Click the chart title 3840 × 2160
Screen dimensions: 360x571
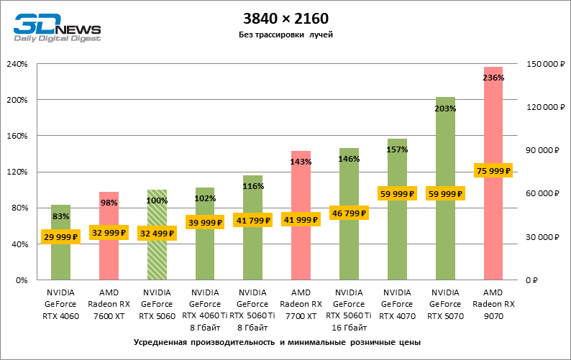point(285,17)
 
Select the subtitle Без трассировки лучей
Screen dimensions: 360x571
point(285,34)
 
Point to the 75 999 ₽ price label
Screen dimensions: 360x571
point(493,171)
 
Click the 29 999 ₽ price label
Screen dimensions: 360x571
point(60,237)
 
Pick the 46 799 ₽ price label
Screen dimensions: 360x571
point(349,213)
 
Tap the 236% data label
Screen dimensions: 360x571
point(493,78)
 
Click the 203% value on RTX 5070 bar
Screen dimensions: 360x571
point(445,108)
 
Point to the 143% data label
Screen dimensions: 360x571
point(301,162)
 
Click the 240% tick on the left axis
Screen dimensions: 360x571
point(17,64)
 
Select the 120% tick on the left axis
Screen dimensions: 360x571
point(17,172)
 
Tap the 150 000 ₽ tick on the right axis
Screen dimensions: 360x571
point(544,64)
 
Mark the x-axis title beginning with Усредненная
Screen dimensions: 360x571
point(277,342)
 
